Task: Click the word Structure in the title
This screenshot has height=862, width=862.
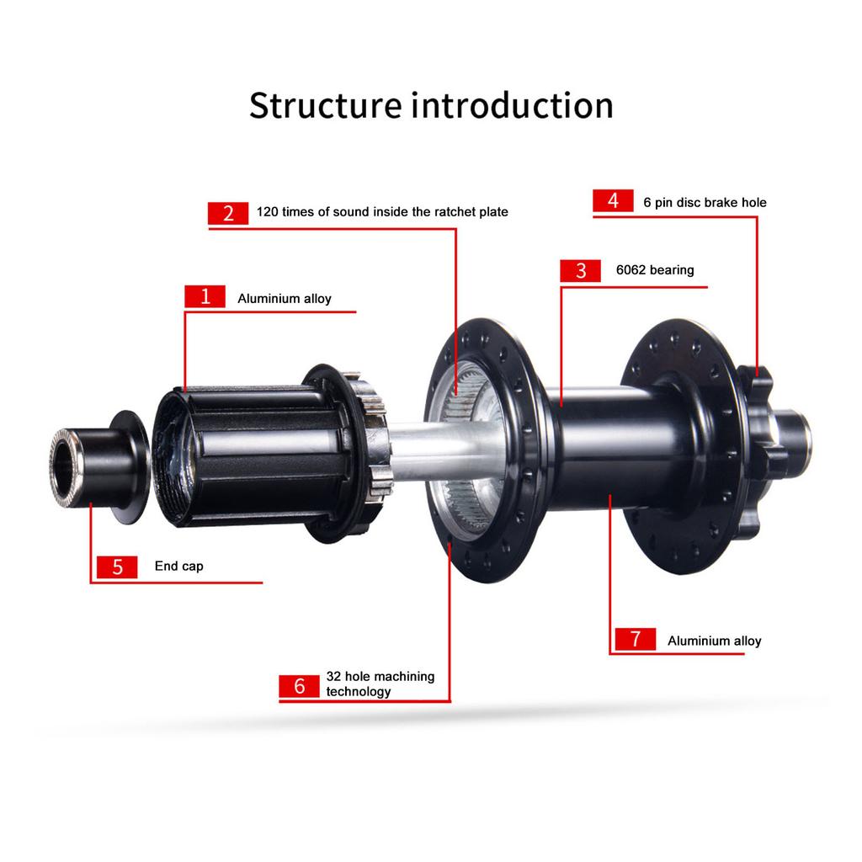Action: (x=325, y=106)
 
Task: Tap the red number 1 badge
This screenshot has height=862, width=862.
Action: (x=205, y=297)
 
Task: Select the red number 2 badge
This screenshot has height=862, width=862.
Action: (x=228, y=213)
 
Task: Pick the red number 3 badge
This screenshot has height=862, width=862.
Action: (x=581, y=270)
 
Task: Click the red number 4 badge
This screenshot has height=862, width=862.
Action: (x=613, y=201)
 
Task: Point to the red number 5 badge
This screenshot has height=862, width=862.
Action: (x=117, y=567)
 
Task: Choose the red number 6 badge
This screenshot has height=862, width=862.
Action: (x=300, y=686)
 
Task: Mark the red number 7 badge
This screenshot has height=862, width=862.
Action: (x=636, y=639)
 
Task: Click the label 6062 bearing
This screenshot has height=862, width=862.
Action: (x=655, y=270)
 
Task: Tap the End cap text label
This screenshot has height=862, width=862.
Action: (x=178, y=567)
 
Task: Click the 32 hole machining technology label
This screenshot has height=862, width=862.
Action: (x=380, y=684)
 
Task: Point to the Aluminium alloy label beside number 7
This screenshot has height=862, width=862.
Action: (x=714, y=641)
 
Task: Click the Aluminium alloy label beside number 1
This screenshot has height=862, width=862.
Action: (x=285, y=299)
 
